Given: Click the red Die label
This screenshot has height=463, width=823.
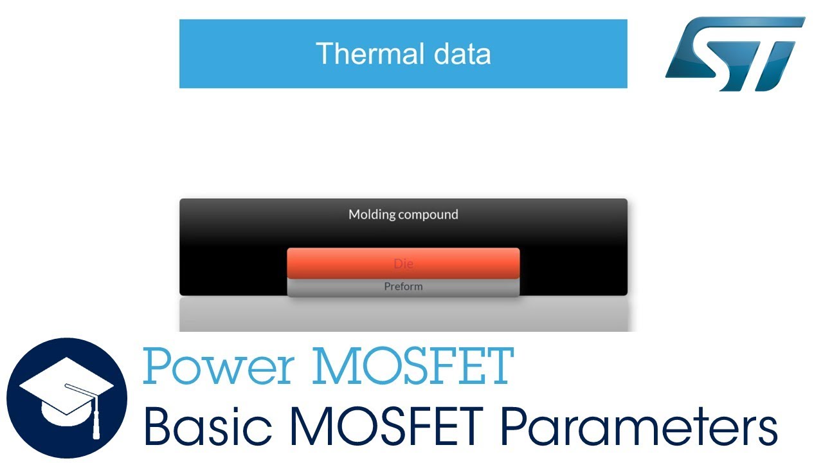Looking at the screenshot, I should (403, 264).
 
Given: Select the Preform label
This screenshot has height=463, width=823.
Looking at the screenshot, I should (403, 287).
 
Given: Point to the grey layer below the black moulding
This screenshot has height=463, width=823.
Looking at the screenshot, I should (403, 315).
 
